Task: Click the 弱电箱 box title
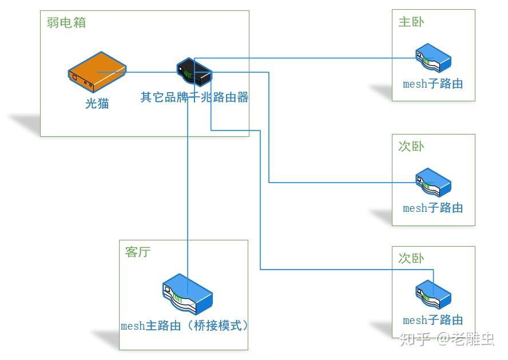(x=66, y=23)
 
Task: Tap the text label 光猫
(x=97, y=104)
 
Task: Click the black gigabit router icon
(x=195, y=72)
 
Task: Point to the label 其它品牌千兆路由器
(x=195, y=97)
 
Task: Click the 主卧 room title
(x=411, y=22)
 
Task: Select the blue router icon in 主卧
(x=433, y=58)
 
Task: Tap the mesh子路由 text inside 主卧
(x=432, y=84)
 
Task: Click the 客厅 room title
(x=138, y=252)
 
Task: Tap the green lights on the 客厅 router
(x=178, y=298)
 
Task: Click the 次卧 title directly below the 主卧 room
(x=411, y=147)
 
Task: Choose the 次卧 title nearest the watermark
(x=411, y=259)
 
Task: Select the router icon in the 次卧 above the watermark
(x=433, y=294)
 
